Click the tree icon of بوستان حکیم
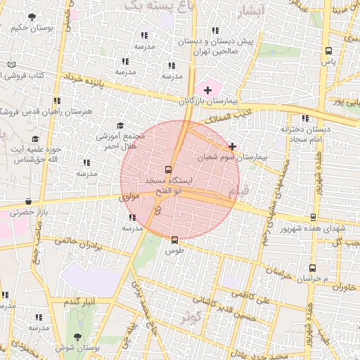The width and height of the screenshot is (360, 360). tap(31, 17)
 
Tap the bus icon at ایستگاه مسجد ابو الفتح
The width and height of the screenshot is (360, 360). tap(167, 169)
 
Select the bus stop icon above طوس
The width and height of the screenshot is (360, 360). tap(174, 240)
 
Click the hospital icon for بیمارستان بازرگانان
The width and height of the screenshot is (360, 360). tap(207, 90)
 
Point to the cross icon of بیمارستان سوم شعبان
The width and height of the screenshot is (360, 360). tap(232, 146)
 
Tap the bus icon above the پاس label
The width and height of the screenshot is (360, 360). tap(328, 51)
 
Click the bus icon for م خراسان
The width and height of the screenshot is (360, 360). tap(313, 268)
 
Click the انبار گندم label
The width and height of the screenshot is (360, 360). tap(80, 301)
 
